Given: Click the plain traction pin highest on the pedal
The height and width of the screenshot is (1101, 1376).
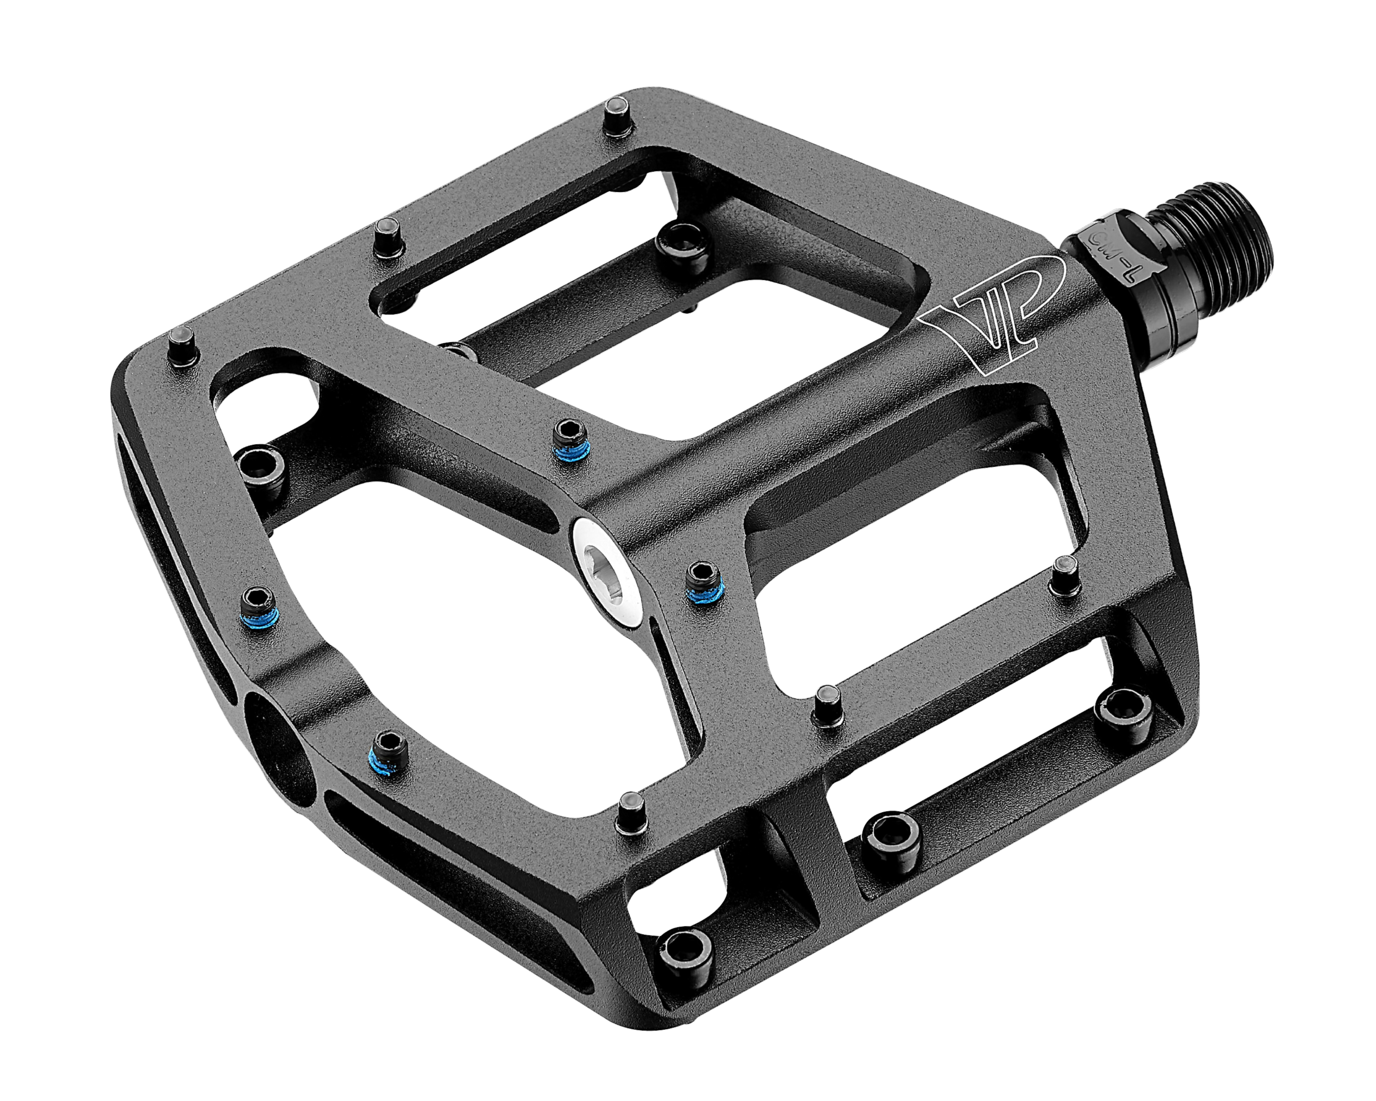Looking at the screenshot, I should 617,115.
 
